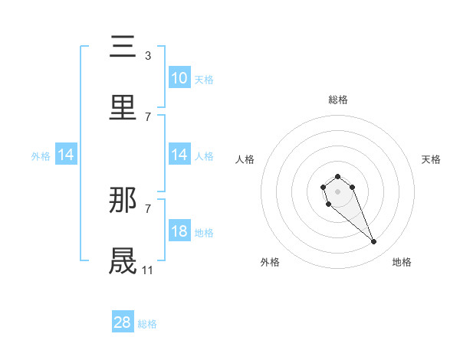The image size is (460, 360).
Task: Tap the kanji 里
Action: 123,106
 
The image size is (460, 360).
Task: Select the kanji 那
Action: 123,200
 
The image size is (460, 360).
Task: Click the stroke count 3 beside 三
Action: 147,56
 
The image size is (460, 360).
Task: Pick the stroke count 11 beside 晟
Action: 147,270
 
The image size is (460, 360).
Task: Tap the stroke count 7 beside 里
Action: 147,116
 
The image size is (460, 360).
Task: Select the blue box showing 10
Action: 179,78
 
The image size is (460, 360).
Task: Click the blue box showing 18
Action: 179,231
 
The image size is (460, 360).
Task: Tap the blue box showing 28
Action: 123,322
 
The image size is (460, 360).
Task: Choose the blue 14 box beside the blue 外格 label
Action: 66,155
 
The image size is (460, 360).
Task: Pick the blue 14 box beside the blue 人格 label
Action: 179,155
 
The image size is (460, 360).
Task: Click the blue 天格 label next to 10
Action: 204,79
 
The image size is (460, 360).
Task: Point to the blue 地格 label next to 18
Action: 204,232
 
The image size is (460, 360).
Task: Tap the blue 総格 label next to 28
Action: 147,323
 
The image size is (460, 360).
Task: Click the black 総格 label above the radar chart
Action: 338,100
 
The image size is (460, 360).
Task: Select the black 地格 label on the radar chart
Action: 402,262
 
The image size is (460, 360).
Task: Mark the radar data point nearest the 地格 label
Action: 373,242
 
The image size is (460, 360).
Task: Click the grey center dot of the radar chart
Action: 337,191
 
